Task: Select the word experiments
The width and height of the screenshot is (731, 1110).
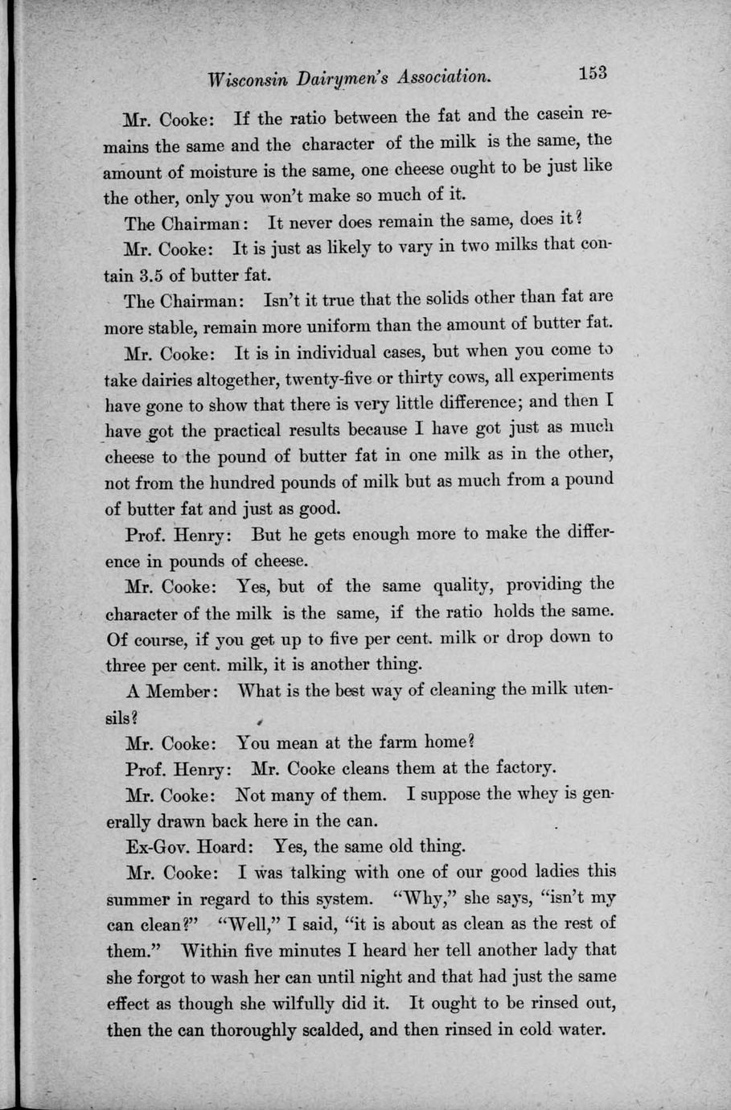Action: [x=566, y=376]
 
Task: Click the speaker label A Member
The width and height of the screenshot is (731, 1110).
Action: [x=169, y=691]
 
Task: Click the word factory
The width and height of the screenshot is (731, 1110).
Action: [x=521, y=767]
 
